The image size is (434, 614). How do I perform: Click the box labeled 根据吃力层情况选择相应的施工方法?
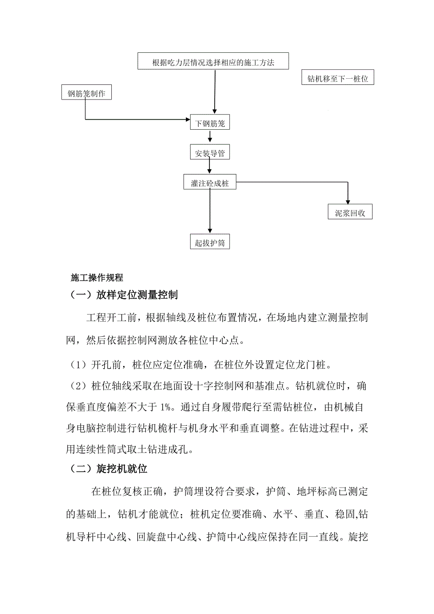pos(213,62)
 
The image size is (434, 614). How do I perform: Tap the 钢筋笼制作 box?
pos(86,93)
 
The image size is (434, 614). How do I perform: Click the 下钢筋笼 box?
pos(210,123)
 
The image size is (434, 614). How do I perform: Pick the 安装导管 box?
pos(210,153)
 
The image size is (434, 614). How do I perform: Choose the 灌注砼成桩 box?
pos(210,183)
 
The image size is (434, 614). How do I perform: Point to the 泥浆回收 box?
pos(350,212)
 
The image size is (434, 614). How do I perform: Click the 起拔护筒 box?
pos(210,242)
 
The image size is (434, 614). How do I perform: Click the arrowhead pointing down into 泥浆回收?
pos(348,202)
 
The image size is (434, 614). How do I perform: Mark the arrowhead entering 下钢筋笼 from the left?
pos(186,120)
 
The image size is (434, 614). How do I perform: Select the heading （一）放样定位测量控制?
pos(124,295)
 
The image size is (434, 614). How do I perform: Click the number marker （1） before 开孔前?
pos(76,365)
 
